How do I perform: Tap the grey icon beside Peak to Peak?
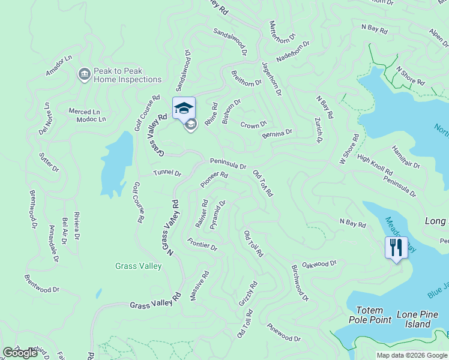pyautogui.click(x=84, y=74)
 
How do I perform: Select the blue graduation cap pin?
pyautogui.click(x=184, y=109)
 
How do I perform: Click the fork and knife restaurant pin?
pyautogui.click(x=396, y=247)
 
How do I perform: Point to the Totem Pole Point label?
pyautogui.click(x=370, y=314)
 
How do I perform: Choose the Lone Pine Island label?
pyautogui.click(x=414, y=319)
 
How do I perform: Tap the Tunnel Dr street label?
pyautogui.click(x=167, y=173)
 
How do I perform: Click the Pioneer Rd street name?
pyautogui.click(x=214, y=179)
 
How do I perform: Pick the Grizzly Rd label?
pyautogui.click(x=248, y=293)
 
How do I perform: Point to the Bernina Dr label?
pyautogui.click(x=277, y=133)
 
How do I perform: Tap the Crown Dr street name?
pyautogui.click(x=253, y=125)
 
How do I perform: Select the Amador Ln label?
pyautogui.click(x=59, y=65)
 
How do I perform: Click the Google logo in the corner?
pyautogui.click(x=20, y=353)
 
